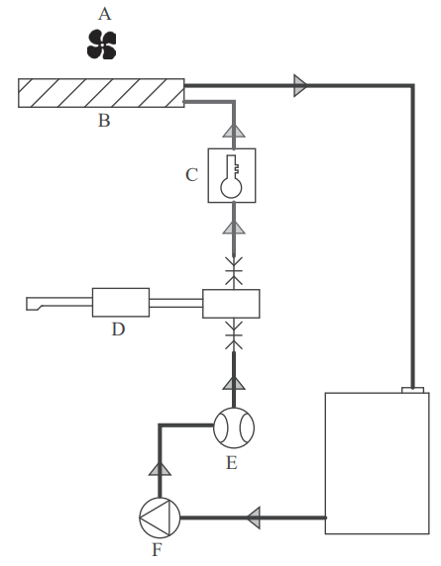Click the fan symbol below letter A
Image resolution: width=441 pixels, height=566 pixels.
point(101,45)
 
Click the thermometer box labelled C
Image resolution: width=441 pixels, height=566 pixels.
point(232,175)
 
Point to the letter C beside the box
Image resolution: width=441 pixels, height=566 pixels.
point(192,175)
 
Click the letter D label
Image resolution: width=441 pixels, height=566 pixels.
point(118,330)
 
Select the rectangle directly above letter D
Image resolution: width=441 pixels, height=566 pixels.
point(120,302)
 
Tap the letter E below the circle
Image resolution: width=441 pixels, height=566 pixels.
point(232,462)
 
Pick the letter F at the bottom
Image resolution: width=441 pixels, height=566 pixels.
point(156,550)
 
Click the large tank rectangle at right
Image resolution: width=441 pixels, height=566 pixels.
point(377,463)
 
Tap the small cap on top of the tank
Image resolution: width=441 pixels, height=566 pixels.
point(411,388)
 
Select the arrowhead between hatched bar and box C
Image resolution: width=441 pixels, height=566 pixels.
point(233,131)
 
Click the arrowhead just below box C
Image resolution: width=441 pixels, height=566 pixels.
point(233,229)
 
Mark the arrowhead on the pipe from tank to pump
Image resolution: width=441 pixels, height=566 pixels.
point(254,517)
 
